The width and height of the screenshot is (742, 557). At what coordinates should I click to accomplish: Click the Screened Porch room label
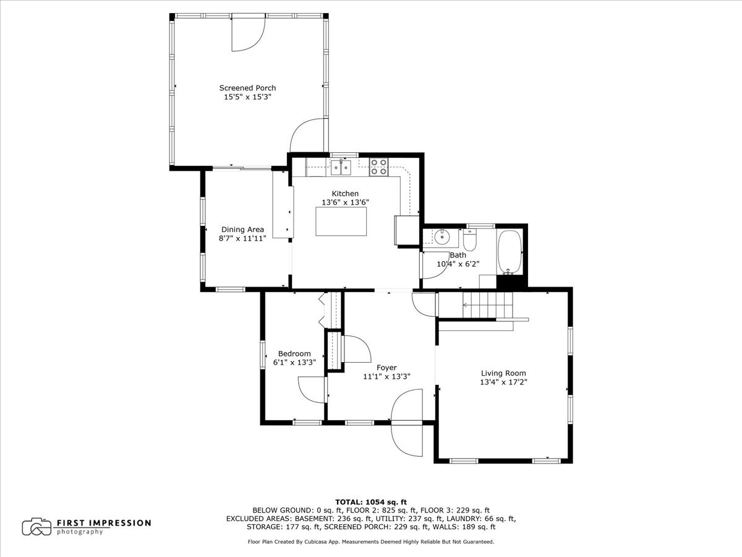(247, 88)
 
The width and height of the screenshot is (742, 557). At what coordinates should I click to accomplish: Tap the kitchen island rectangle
(341, 222)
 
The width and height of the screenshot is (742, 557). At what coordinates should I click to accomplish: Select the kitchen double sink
(339, 166)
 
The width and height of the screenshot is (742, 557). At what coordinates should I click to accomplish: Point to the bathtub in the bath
(511, 252)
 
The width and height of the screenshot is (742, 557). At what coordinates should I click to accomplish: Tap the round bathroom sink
(441, 236)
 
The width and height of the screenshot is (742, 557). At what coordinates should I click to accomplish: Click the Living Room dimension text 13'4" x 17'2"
(503, 382)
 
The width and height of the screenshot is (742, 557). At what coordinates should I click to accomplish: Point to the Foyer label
(386, 368)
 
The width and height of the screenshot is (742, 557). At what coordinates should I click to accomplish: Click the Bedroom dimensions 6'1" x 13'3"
(294, 363)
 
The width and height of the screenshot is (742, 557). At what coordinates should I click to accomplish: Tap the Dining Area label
(242, 230)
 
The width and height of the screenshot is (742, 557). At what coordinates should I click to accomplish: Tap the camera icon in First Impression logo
(37, 527)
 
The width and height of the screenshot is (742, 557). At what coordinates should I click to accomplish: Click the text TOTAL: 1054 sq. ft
(371, 502)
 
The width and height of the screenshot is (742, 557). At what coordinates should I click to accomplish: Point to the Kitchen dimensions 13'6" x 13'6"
(345, 202)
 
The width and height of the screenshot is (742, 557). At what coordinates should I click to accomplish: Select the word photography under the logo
(80, 532)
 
